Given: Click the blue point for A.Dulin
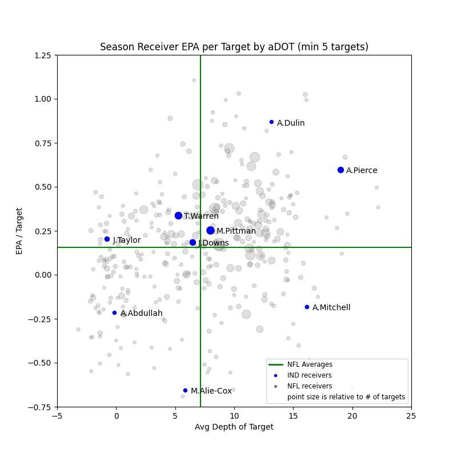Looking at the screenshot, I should [x=271, y=122].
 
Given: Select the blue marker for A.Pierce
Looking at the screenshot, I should [x=340, y=170].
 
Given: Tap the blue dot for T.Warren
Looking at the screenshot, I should [x=178, y=215].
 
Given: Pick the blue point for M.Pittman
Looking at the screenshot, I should [x=210, y=230].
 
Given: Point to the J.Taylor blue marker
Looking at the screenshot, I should [x=107, y=239].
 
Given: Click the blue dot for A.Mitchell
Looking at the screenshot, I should [x=307, y=307].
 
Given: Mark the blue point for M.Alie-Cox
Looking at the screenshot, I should [x=185, y=390].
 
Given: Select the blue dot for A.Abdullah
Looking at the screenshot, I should [x=114, y=312].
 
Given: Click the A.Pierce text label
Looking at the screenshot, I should [x=362, y=170].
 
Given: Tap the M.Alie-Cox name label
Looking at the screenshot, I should [x=211, y=391].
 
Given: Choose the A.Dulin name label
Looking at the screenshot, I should [x=291, y=123].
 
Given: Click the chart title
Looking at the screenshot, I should [x=234, y=47].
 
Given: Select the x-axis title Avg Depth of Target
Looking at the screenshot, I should [x=234, y=427].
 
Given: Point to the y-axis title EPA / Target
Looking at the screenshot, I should [x=20, y=231].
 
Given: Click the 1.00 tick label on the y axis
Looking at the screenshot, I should [x=42, y=99].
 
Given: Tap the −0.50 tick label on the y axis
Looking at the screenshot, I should [x=40, y=363].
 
